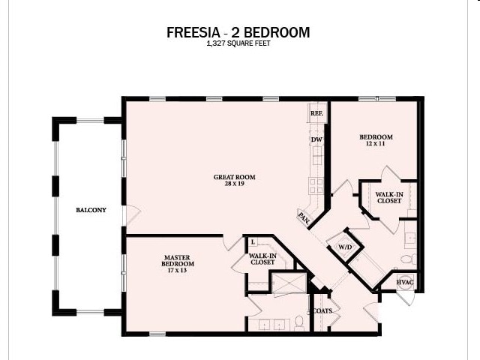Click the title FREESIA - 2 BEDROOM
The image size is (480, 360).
tap(238, 33)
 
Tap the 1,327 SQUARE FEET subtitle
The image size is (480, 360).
tap(238, 44)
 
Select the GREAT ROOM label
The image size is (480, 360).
tap(234, 178)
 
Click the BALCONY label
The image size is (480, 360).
tap(91, 210)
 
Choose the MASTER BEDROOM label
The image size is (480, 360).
tap(178, 260)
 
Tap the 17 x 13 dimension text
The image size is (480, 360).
tap(178, 270)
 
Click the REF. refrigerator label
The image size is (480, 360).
tap(316, 115)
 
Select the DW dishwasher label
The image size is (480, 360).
tap(316, 139)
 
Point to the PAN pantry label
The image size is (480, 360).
tap(304, 218)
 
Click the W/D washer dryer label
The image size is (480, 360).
tap(346, 246)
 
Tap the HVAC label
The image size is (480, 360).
tap(405, 282)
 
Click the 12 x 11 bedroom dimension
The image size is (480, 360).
tap(376, 143)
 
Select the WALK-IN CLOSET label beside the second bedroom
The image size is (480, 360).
tap(388, 198)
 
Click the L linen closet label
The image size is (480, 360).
tap(254, 241)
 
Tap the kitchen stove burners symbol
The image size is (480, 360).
tap(316, 184)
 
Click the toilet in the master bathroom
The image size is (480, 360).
tap(298, 322)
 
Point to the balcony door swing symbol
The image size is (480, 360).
tap(131, 217)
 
